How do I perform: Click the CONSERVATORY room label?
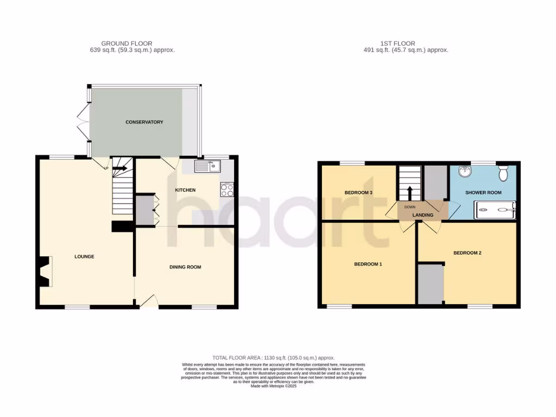pos(144,122)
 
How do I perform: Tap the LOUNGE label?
pos(85,256)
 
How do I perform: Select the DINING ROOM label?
pos(185,267)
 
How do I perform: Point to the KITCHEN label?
pos(185,189)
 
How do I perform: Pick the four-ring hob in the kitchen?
pos(226,190)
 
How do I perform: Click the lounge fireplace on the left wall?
pos(44,271)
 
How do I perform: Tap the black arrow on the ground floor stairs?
pos(119,168)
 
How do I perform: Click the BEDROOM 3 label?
pos(359,193)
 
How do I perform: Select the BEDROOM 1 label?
pos(368,264)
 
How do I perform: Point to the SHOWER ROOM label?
pos(483,193)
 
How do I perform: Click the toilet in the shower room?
pos(503,173)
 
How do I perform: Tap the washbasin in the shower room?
pos(465,172)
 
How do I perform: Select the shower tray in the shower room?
pos(495,209)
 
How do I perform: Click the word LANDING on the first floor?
pos(423,215)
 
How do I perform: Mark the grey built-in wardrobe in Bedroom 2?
pos(431,283)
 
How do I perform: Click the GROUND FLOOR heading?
pos(127,43)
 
